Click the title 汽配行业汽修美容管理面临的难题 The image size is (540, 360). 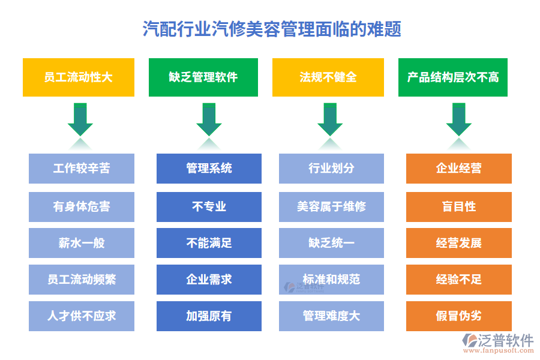tap(272, 29)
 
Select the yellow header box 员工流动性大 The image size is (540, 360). tap(79, 77)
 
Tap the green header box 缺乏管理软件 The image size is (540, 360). tap(203, 77)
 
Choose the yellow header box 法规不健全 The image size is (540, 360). tap(328, 77)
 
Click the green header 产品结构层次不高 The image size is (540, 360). tap(453, 77)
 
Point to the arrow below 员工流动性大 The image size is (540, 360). tap(80, 120)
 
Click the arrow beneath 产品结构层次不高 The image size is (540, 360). tap(458, 120)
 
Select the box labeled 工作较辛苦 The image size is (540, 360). tap(82, 169)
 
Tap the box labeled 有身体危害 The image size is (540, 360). tap(82, 206)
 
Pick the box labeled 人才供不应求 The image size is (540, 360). tap(82, 316)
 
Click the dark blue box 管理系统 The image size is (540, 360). tap(209, 169)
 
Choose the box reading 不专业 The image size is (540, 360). tap(209, 206)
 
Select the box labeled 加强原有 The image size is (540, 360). tap(209, 316)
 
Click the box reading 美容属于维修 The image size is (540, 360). tap(331, 206)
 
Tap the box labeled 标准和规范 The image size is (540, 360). tap(331, 280)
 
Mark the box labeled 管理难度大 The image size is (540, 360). tap(331, 316)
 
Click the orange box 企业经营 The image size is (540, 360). tap(459, 169)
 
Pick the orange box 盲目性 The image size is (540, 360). tap(459, 206)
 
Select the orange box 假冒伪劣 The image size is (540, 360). tap(459, 316)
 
